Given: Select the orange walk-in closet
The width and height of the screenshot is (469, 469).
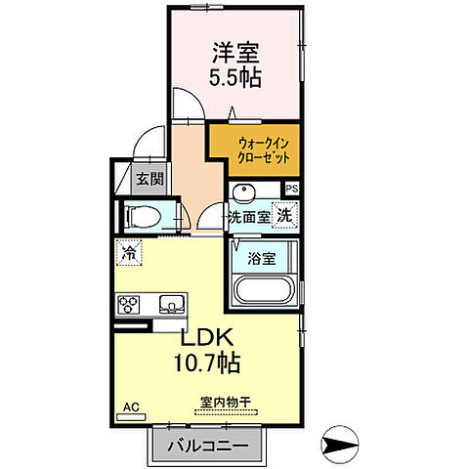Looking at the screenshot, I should tap(253, 150).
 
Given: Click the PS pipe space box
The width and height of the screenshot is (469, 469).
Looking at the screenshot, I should tap(291, 190).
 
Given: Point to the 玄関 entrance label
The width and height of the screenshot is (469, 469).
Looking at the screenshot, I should tap(149, 179).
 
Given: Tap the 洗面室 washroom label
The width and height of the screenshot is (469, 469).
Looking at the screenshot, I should tap(249, 217).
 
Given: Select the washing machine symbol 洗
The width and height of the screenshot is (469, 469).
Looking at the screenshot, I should tap(284, 214).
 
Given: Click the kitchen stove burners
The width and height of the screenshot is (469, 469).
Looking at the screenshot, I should tap(130, 305).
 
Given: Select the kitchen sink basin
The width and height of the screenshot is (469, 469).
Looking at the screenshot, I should tap(172, 305).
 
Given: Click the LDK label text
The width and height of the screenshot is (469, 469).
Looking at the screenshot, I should tap(204, 338).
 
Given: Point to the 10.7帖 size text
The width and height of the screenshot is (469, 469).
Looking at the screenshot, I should tap(204, 362).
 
